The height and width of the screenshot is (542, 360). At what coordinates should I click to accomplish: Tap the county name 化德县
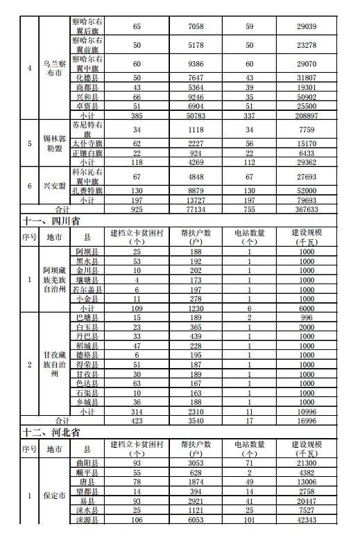(x=87, y=78)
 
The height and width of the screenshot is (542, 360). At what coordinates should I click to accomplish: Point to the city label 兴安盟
(x=53, y=186)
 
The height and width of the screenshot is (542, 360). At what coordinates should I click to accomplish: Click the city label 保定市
(x=53, y=496)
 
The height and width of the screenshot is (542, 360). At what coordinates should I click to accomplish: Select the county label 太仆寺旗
(x=87, y=143)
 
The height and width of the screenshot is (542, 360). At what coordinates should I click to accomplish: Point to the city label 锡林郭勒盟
(x=53, y=143)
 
